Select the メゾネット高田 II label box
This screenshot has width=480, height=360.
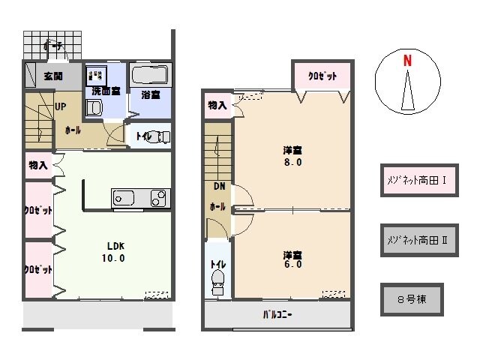coord(418,240)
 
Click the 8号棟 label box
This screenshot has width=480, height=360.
coord(411,298)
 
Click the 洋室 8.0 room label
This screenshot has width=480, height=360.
coord(292,154)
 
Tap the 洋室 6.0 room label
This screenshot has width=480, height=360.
coord(292,259)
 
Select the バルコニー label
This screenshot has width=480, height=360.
coord(277,315)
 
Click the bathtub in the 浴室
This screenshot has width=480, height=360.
coord(151,76)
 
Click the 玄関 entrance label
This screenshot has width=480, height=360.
coord(52,76)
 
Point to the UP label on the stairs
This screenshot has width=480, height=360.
coord(59,106)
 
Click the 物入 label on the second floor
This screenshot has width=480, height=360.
coord(217,106)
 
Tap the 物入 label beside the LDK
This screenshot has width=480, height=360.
coord(37,165)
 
